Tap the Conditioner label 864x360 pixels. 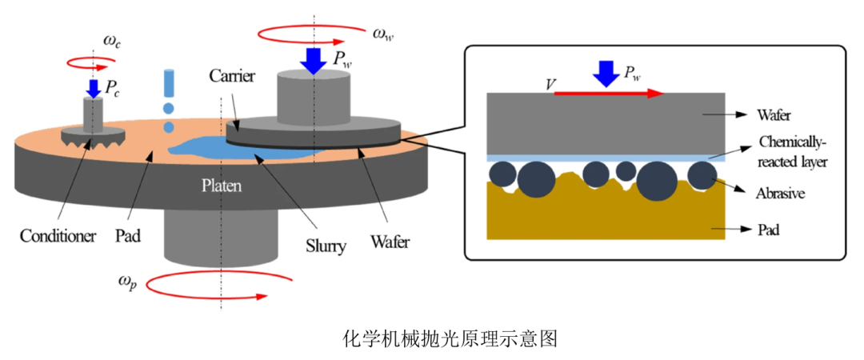click(x=58, y=237)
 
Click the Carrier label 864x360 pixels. click(x=231, y=76)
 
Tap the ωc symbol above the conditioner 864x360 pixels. click(x=112, y=41)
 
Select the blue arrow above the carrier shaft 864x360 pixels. click(x=314, y=60)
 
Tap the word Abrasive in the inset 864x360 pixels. click(x=780, y=194)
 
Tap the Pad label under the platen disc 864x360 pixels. click(x=128, y=237)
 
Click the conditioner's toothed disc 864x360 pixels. click(x=93, y=136)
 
